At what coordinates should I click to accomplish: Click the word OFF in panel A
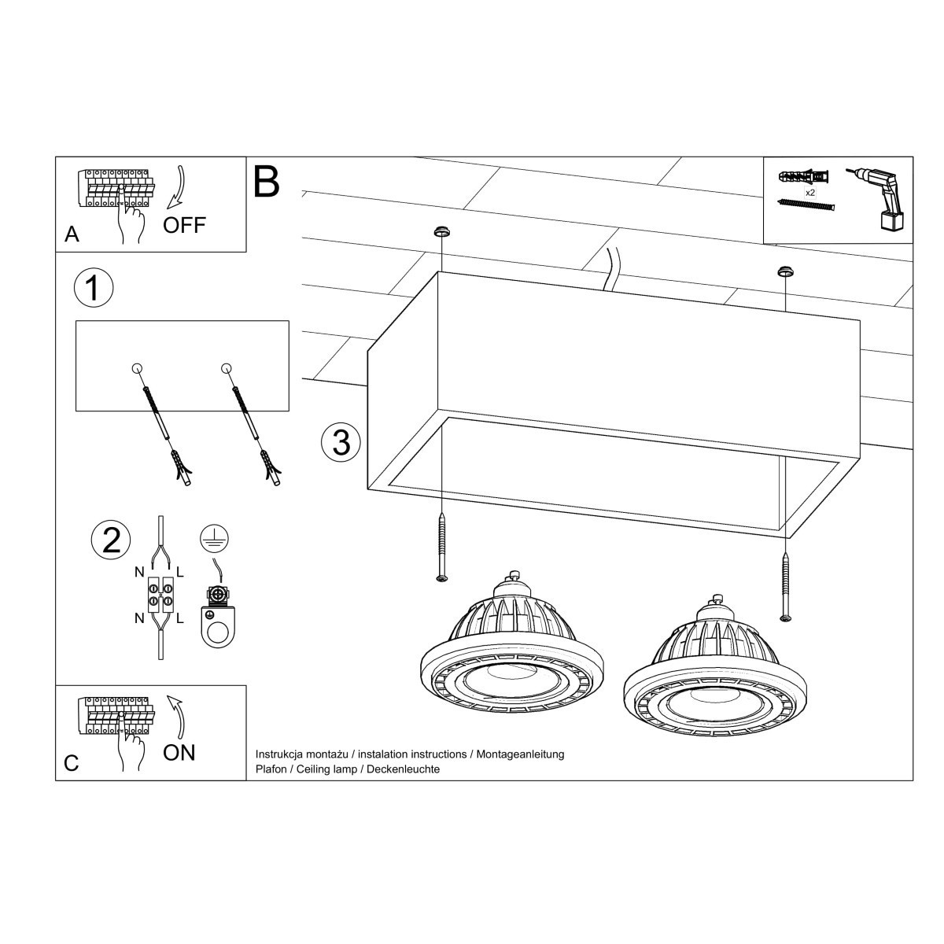tap(184, 225)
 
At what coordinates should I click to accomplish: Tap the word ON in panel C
tap(179, 753)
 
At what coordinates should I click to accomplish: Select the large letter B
tap(267, 182)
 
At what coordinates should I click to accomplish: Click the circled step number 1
tap(93, 289)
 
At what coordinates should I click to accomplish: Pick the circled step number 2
tap(111, 540)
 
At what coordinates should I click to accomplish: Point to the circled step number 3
tap(341, 443)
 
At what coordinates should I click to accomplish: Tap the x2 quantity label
tap(809, 192)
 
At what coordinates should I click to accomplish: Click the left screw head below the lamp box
tap(442, 578)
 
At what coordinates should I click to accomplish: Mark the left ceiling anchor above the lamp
tap(441, 232)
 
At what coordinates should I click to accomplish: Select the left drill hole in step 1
tap(137, 368)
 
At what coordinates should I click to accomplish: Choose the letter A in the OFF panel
tap(72, 234)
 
